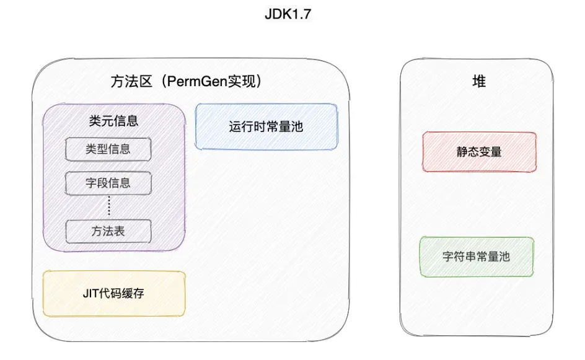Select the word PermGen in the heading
tap(198, 81)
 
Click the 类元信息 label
tap(113, 121)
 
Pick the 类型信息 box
tap(108, 149)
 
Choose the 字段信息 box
tap(108, 183)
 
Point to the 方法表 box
tap(108, 231)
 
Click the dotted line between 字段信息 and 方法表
tap(108, 207)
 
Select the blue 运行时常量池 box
tap(266, 127)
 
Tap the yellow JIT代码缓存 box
tap(113, 294)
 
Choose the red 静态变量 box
tap(478, 151)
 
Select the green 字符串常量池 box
tap(477, 256)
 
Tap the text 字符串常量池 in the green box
tap(477, 256)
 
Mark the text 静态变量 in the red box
tap(478, 151)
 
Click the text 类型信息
tap(108, 149)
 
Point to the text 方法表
tap(108, 231)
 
